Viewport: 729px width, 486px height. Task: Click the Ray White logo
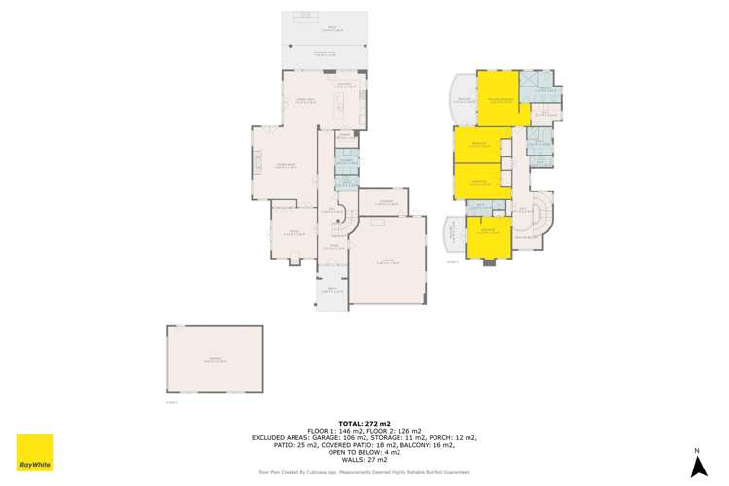tap(34, 452)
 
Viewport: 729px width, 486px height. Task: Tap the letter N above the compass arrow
tap(697, 451)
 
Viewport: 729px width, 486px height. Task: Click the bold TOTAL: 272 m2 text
tap(364, 424)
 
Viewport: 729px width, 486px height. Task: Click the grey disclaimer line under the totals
tap(364, 471)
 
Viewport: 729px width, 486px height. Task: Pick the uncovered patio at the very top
tap(325, 28)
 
